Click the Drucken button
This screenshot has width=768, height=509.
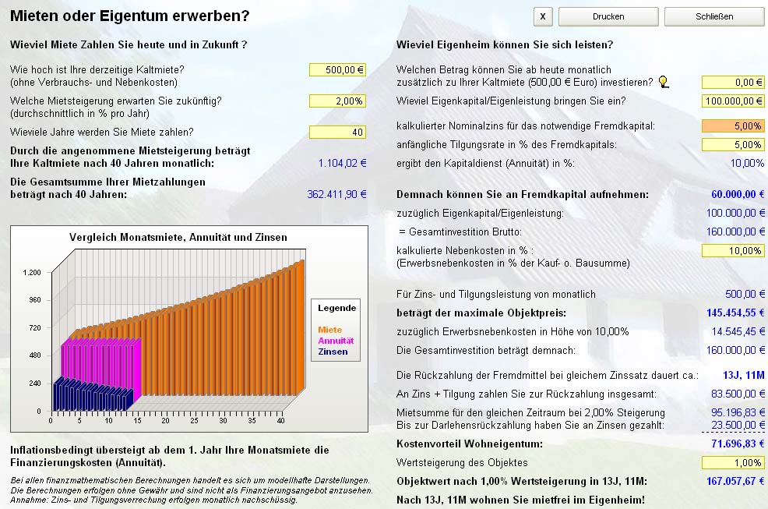coord(608,16)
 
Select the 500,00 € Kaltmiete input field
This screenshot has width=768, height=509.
coord(337,69)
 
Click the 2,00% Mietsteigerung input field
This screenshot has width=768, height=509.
coord(337,101)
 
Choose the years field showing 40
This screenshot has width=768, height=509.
coord(337,132)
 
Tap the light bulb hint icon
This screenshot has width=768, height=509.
coord(664,82)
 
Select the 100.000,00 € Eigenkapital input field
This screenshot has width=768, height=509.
coord(733,101)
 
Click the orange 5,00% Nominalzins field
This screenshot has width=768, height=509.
coord(733,125)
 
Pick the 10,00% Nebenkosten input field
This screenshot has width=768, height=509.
coord(733,250)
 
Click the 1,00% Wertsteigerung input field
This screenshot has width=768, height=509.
coord(733,462)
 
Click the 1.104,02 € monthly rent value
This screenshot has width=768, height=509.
coord(342,163)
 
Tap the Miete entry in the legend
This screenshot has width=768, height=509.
coord(330,330)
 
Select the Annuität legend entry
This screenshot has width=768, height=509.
coord(336,341)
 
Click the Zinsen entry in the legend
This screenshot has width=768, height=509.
coord(333,352)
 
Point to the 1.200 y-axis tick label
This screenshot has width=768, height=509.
coord(32,272)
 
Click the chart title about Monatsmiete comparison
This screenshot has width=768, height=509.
coord(178,237)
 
